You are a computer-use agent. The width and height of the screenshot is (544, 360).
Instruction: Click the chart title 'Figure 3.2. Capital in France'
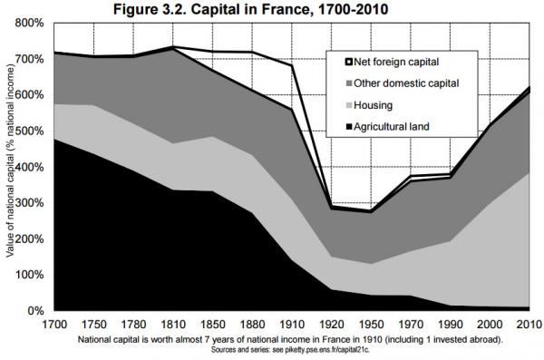[213, 9]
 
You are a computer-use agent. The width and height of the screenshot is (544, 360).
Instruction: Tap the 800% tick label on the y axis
[30, 24]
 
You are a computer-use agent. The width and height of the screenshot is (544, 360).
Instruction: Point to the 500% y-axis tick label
[30, 131]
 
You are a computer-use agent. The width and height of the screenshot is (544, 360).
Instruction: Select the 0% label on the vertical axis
[36, 310]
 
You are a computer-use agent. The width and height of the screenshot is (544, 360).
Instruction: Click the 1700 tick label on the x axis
[54, 325]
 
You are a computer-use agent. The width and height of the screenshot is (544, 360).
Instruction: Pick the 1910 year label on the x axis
[292, 325]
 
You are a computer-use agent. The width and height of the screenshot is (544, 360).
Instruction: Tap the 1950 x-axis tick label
[371, 325]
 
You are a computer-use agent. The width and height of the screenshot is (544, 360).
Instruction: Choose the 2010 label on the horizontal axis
[529, 325]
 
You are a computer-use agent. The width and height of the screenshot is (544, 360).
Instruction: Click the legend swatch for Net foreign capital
[349, 63]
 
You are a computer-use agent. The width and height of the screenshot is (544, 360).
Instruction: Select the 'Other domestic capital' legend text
[406, 83]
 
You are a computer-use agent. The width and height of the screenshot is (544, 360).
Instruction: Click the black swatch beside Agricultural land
[349, 126]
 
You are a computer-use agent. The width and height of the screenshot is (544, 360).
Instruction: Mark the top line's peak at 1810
[173, 46]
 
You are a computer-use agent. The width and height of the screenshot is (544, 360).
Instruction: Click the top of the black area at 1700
[54, 139]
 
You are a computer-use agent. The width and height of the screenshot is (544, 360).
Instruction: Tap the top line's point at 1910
[292, 65]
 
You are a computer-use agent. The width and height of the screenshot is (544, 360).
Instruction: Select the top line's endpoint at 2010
[529, 87]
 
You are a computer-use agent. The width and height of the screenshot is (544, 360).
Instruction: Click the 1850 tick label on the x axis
[213, 325]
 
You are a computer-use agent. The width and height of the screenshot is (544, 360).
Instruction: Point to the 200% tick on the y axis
[30, 238]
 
